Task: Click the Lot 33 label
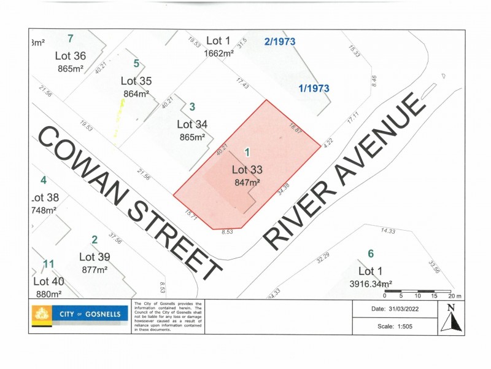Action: point(247,170)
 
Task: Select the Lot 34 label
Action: point(192,125)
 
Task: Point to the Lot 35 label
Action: point(136,81)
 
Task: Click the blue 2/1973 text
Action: point(280,42)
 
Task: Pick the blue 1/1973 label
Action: point(314,89)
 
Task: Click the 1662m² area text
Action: point(219,54)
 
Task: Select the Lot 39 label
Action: point(95,257)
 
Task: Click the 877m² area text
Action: point(95,269)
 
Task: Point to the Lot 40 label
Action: point(48,282)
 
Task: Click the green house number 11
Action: point(49,264)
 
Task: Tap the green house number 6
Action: point(370,253)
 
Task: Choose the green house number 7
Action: point(71,38)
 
